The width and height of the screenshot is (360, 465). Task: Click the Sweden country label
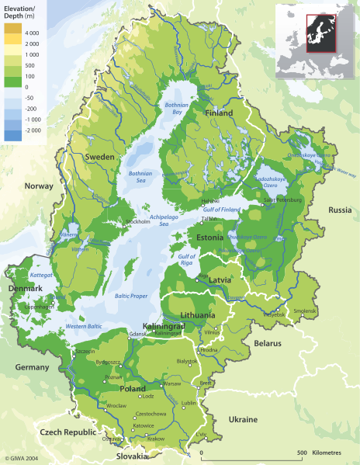[x=99, y=157]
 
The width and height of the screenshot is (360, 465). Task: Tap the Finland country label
[x=218, y=113]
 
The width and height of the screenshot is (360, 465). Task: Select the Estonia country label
[x=210, y=237]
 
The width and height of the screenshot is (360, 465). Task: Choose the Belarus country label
[x=268, y=342]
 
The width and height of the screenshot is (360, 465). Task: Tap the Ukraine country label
[x=242, y=419]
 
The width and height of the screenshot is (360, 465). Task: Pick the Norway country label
[x=39, y=186]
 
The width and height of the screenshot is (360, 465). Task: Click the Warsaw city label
[x=171, y=383]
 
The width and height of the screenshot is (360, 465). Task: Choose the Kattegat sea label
[x=40, y=275]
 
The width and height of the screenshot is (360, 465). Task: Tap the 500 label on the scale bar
[x=300, y=452]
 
